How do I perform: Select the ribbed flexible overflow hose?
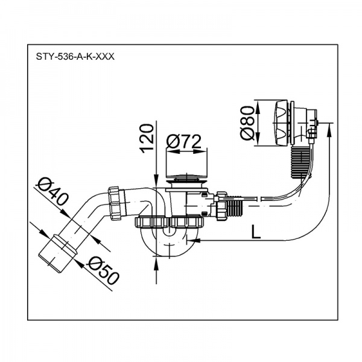tap(299, 160)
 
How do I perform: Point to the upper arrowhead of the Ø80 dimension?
tap(259, 103)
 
